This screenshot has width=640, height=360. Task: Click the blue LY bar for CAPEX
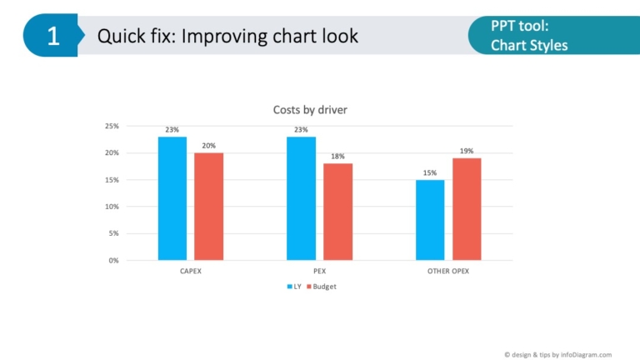coord(172,198)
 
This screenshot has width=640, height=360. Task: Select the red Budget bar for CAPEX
coord(209,207)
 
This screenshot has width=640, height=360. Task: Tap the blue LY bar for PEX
coord(301,198)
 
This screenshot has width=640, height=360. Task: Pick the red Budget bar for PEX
coord(338,212)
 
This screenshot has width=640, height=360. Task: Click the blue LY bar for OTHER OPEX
coord(430,220)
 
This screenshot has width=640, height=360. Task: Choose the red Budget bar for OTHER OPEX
coord(467,209)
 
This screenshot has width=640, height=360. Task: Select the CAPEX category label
coord(191,272)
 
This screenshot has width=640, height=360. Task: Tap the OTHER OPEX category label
coord(448,272)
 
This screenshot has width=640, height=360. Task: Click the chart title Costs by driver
coord(311,110)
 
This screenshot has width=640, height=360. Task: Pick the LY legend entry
coord(293,287)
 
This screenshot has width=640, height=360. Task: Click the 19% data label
coord(467,151)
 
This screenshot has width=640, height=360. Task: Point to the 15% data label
coord(430,172)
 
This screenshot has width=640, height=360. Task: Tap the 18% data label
coord(338,156)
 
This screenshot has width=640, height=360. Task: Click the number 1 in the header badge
coord(52,36)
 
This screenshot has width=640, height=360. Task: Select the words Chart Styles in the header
coord(529,45)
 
